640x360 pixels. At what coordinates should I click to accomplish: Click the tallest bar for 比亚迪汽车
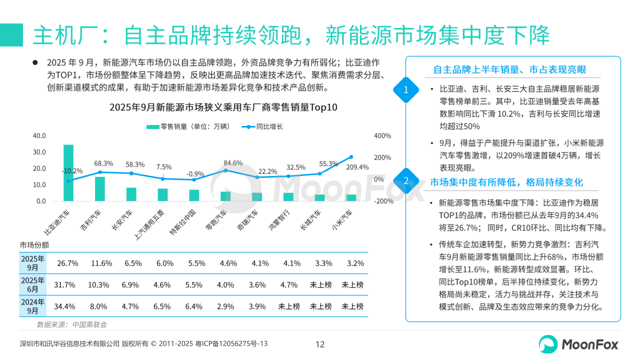[68, 173]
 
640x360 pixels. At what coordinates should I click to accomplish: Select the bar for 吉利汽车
[100, 189]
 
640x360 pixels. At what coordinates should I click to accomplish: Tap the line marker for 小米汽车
[351, 157]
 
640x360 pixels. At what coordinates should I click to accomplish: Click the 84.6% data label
[233, 163]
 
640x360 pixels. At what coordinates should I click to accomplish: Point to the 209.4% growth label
[357, 167]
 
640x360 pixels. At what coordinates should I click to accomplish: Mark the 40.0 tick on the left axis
[39, 136]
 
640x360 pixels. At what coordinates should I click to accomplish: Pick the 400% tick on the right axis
[382, 136]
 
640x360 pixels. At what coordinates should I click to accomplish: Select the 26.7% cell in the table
[67, 263]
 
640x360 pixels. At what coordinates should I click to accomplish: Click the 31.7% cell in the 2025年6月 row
[64, 285]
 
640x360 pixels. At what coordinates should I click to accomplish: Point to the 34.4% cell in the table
[64, 306]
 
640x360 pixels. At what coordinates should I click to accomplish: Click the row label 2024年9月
[33, 306]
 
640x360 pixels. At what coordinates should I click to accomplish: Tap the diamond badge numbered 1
[406, 90]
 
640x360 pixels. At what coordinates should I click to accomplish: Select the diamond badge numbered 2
[406, 180]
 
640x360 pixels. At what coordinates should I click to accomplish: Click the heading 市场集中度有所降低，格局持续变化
[506, 182]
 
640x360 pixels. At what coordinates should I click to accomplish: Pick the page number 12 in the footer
[320, 344]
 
